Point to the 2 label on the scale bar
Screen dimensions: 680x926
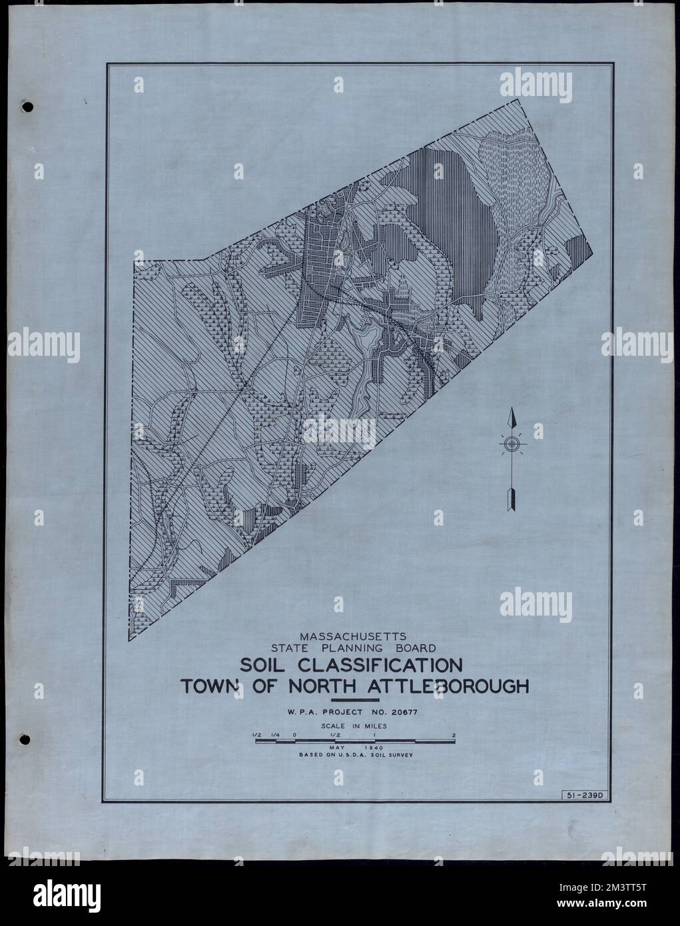454,735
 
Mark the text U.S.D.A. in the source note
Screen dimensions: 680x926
360,756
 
